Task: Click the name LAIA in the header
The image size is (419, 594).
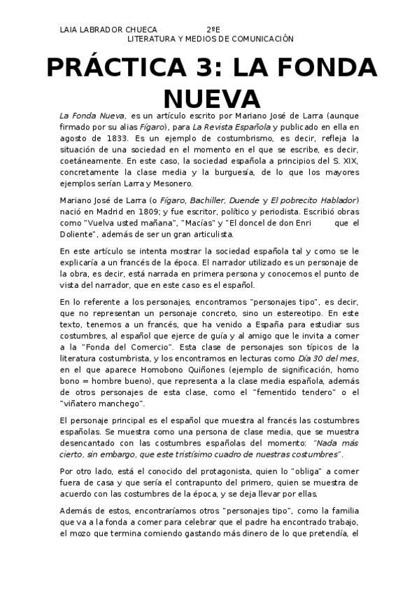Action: (x=71, y=30)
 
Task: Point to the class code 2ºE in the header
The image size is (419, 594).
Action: (x=213, y=30)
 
